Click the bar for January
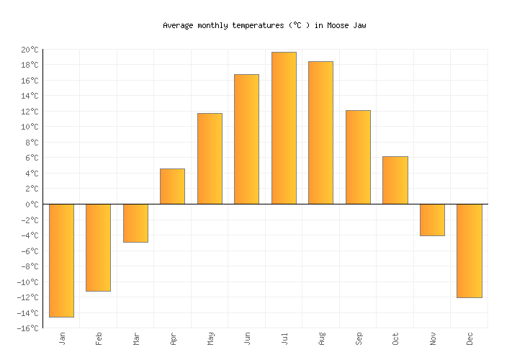[61, 260]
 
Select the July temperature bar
[284, 128]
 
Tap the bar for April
[172, 186]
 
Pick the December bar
[469, 251]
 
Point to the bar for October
[395, 180]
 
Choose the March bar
[135, 223]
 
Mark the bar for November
[432, 220]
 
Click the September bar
[358, 157]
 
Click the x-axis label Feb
[99, 338]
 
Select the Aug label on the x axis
[321, 338]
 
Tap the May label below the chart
[210, 338]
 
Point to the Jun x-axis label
[247, 338]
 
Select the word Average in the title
[178, 25]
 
